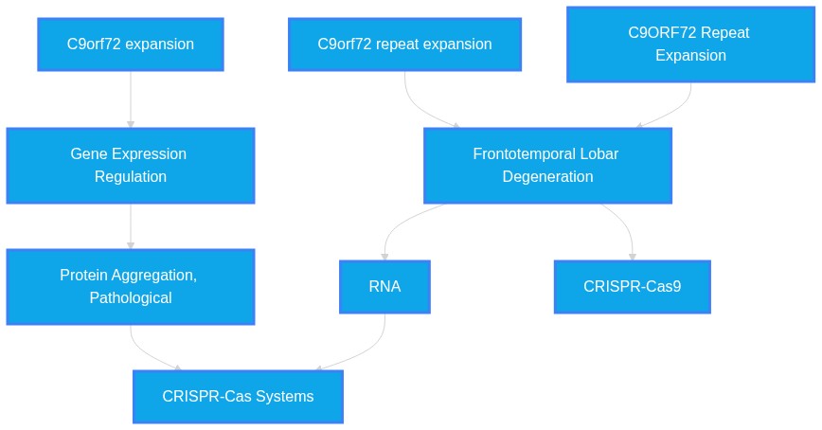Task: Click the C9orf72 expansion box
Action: tap(131, 45)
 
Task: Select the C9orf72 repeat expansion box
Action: tap(404, 45)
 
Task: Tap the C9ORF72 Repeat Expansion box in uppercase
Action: tap(691, 45)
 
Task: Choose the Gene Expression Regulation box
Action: tap(131, 165)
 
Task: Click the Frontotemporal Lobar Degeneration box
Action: tap(547, 165)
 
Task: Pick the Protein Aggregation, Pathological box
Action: tap(131, 287)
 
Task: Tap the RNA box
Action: tap(384, 287)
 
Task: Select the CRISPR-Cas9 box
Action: tap(633, 287)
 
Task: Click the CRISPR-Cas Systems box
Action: tap(238, 397)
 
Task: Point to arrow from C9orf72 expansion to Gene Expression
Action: tap(131, 99)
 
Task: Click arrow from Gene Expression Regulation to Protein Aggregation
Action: tap(131, 226)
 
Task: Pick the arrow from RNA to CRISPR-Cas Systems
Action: tap(368, 350)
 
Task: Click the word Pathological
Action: tap(131, 297)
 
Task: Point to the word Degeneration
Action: tap(547, 177)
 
